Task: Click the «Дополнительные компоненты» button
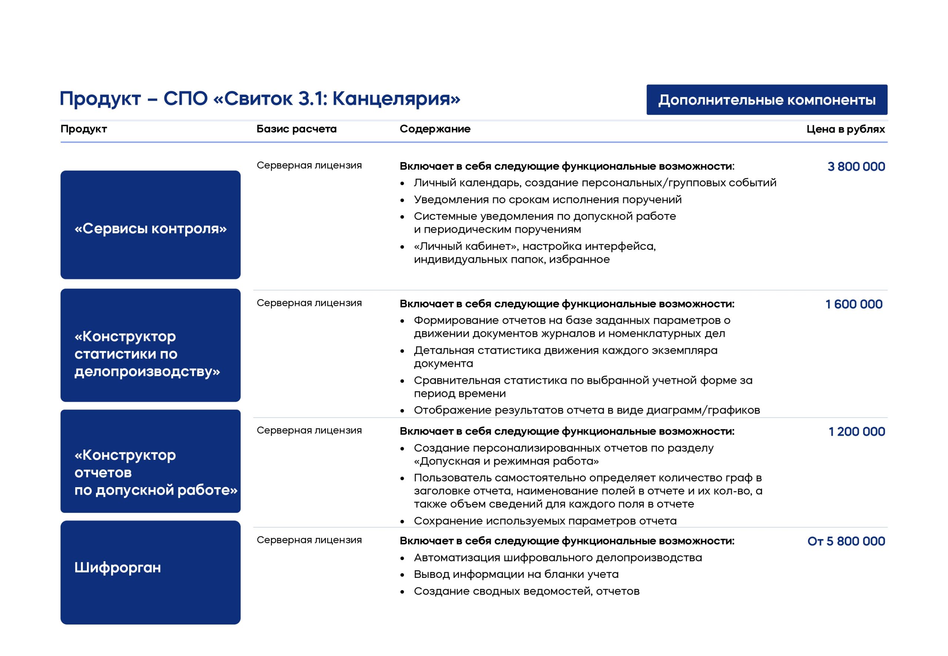767,100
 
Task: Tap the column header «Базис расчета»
296,129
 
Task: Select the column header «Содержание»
435,129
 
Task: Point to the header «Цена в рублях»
846,129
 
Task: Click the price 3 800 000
856,167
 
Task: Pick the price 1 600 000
854,304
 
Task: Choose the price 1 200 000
857,432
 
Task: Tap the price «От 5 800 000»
846,541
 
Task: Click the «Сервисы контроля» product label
150,228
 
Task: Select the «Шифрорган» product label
118,568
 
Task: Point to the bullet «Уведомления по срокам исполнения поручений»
548,200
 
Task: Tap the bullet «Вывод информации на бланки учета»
516,574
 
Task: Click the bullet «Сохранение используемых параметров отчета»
545,521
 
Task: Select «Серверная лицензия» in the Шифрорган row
309,540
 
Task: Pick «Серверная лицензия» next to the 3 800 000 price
309,165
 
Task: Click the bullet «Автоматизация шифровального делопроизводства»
558,558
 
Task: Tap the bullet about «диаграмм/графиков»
587,410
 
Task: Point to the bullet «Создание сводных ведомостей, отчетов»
527,591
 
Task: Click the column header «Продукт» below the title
83,129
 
